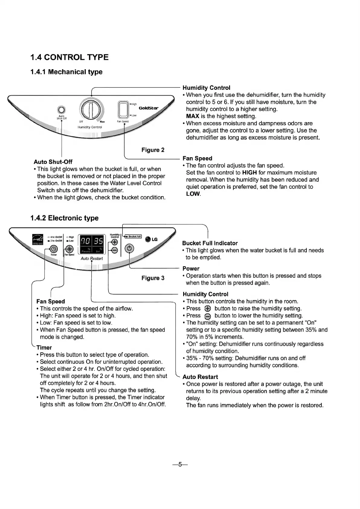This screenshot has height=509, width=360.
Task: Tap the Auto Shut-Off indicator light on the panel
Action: tap(61, 110)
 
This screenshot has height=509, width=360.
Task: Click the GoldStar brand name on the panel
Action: tap(148, 108)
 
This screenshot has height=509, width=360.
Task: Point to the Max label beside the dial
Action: tap(102, 122)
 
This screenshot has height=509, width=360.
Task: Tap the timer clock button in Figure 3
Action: tap(53, 249)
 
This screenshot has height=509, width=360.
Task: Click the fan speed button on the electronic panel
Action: tap(69, 249)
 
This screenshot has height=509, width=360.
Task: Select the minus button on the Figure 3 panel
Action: tap(115, 250)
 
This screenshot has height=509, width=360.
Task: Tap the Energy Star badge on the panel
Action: tap(37, 240)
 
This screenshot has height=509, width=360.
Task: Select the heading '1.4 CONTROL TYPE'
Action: tap(70, 57)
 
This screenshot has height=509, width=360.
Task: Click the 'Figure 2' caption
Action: tap(153, 150)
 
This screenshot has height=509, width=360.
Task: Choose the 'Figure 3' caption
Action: tap(153, 278)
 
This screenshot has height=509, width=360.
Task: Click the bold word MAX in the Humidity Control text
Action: tap(193, 116)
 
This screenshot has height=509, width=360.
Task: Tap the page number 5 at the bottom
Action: tap(180, 465)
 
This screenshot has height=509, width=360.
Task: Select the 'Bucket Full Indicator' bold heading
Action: tap(210, 243)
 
